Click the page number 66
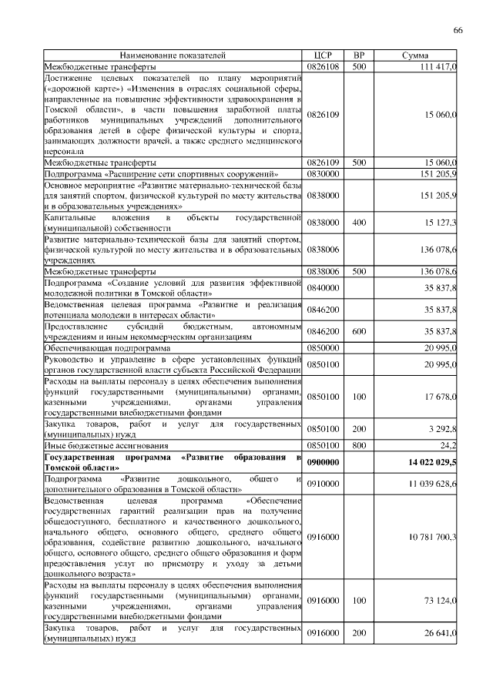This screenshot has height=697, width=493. coord(458,29)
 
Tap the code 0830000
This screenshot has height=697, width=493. coord(323,174)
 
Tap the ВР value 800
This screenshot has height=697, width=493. coord(358,445)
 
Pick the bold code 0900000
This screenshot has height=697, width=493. coord(323,462)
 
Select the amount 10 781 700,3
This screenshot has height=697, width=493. coord(430,536)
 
